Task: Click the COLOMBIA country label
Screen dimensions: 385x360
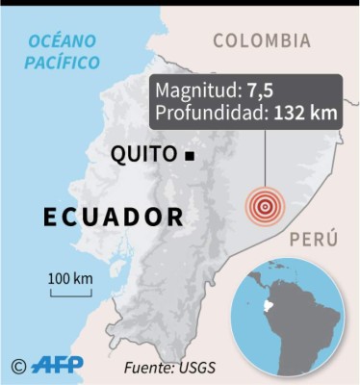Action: tap(261, 40)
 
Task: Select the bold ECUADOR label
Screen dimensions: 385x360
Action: tap(113, 215)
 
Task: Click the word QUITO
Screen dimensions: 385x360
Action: tap(144, 155)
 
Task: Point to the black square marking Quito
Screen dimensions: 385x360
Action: tap(191, 156)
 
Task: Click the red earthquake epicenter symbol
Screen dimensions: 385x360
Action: tap(263, 205)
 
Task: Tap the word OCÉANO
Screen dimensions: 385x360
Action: tap(63, 39)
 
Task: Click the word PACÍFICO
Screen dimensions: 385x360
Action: tap(64, 62)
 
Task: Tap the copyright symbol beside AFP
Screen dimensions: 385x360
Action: tap(17, 365)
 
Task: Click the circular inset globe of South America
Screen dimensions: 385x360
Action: tap(296, 308)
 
